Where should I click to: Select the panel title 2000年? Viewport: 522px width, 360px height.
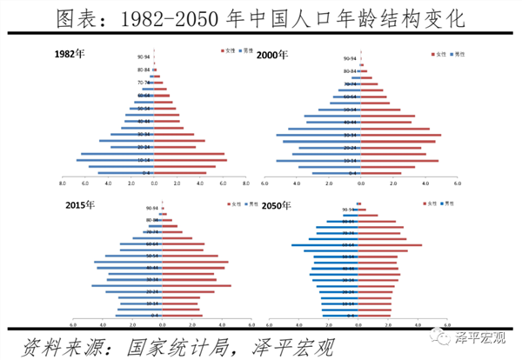tap(271, 55)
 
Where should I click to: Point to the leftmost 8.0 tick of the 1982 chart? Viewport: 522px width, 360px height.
tap(62, 183)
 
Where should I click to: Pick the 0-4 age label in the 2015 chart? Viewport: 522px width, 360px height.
tap(152, 314)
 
